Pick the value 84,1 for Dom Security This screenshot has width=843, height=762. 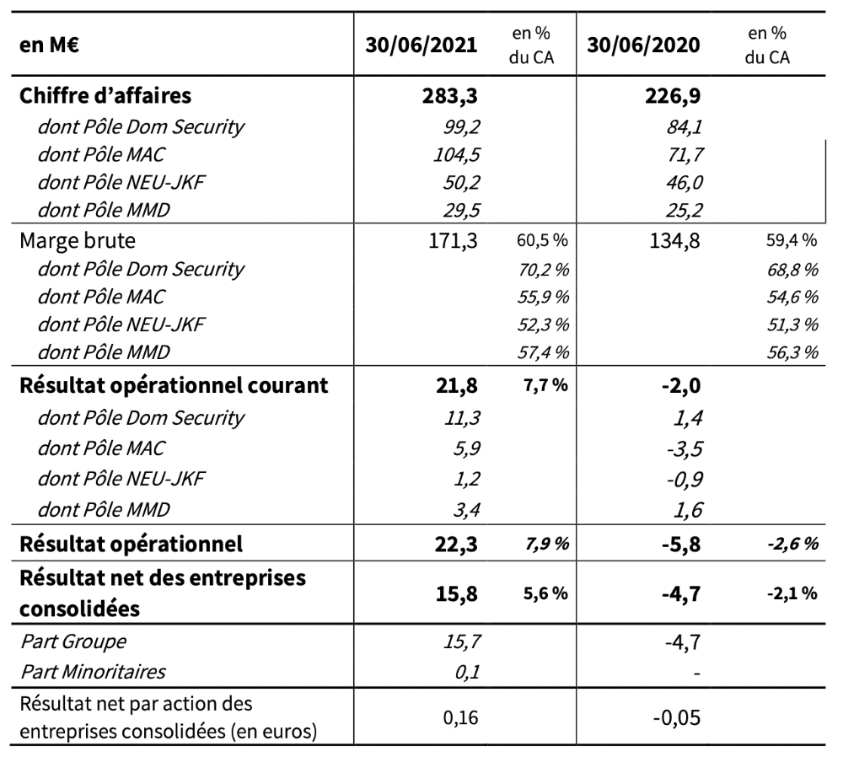(x=684, y=127)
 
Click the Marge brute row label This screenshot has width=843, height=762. (x=77, y=241)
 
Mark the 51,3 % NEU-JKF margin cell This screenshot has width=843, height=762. (x=797, y=325)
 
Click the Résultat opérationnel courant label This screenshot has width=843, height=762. (x=173, y=386)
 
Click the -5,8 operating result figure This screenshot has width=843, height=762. (x=680, y=544)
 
